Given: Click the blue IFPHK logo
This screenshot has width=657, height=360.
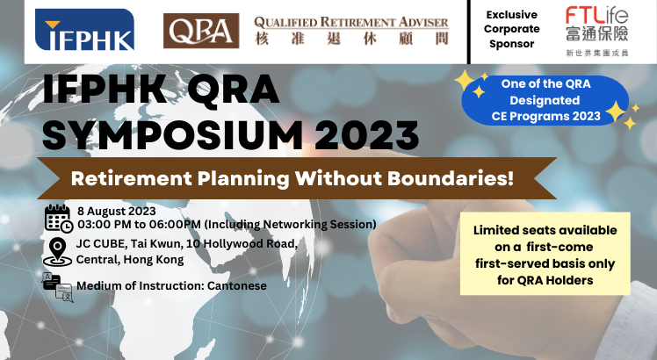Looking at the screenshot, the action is point(84,29).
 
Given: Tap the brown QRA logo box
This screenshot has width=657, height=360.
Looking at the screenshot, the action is point(201,31).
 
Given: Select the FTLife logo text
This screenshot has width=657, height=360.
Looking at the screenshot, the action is point(596,15).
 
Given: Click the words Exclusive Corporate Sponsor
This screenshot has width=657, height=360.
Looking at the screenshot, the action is point(511,29).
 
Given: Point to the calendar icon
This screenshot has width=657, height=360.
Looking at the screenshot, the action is point(59,218).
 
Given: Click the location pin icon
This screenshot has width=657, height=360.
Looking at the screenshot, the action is point(57,252).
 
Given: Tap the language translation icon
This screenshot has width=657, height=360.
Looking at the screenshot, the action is point(58,287).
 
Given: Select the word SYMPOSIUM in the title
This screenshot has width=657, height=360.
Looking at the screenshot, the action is point(173,134).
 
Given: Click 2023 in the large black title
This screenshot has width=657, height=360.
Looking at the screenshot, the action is point(366,134).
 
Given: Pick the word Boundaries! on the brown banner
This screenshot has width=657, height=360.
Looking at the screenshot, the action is point(451,178).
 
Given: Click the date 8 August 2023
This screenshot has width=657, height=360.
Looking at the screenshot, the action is point(117,211).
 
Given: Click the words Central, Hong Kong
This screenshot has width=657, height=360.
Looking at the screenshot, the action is point(130,260).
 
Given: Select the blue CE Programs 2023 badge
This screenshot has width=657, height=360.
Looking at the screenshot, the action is point(545,100).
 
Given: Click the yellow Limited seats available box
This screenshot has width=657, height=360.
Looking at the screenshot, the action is point(545,254).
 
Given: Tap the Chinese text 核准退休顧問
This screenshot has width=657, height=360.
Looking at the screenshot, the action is point(351,39).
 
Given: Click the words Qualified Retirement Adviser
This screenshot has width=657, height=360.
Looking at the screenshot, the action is point(351,22).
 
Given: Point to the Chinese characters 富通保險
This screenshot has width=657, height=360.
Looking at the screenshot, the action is point(597,33).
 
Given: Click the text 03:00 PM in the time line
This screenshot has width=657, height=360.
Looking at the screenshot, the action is point(105,224).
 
